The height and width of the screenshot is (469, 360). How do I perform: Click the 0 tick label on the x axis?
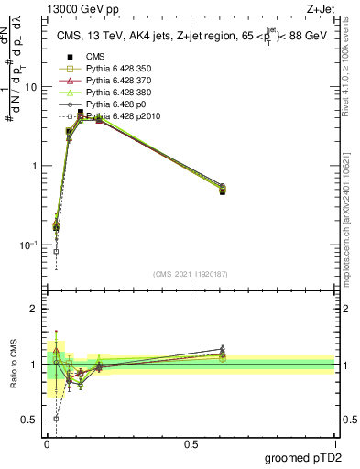(47, 443)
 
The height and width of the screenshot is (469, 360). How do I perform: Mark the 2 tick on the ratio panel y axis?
(35, 309)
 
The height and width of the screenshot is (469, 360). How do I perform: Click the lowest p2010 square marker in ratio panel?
(57, 419)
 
